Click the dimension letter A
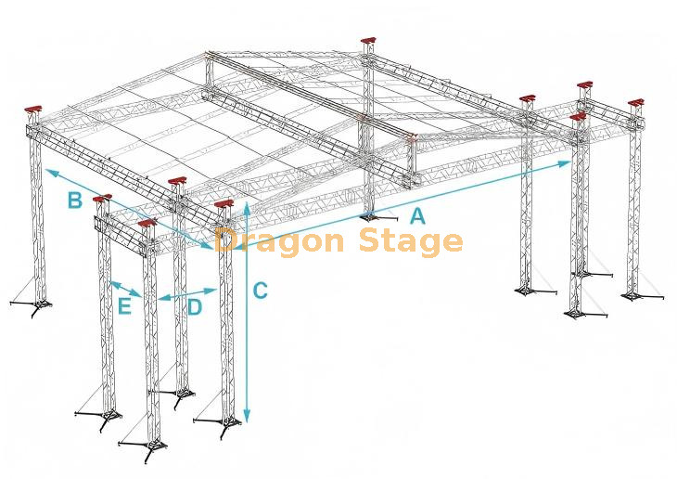(417, 215)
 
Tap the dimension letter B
(75, 201)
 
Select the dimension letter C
(260, 291)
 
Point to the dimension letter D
(195, 307)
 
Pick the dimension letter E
(124, 306)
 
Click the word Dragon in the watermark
(279, 242)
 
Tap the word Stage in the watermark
(411, 242)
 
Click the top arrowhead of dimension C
(247, 207)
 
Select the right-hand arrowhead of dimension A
(566, 163)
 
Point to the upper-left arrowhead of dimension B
(50, 173)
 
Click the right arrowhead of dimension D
(211, 291)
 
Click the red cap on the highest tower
(368, 42)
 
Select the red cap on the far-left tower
(33, 109)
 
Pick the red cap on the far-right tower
(636, 103)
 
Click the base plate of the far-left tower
(37, 304)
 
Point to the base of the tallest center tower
(368, 215)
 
